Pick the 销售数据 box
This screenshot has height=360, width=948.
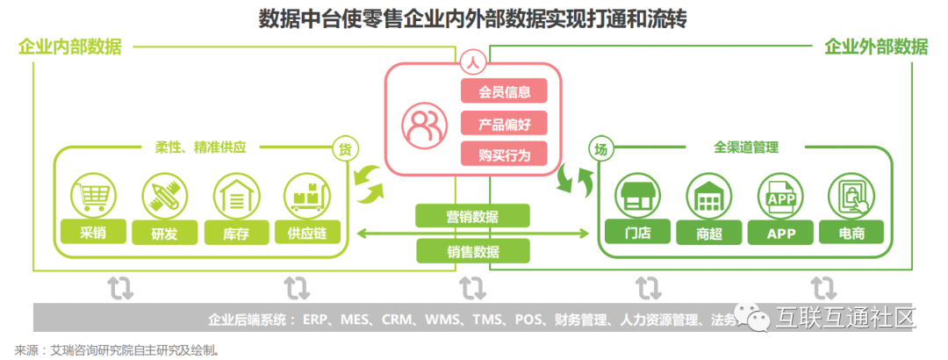click(472, 251)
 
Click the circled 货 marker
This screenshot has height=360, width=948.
click(342, 148)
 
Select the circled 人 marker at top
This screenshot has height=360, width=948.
click(471, 62)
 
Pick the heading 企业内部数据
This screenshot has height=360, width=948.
click(70, 47)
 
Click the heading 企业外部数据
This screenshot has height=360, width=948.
click(875, 47)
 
